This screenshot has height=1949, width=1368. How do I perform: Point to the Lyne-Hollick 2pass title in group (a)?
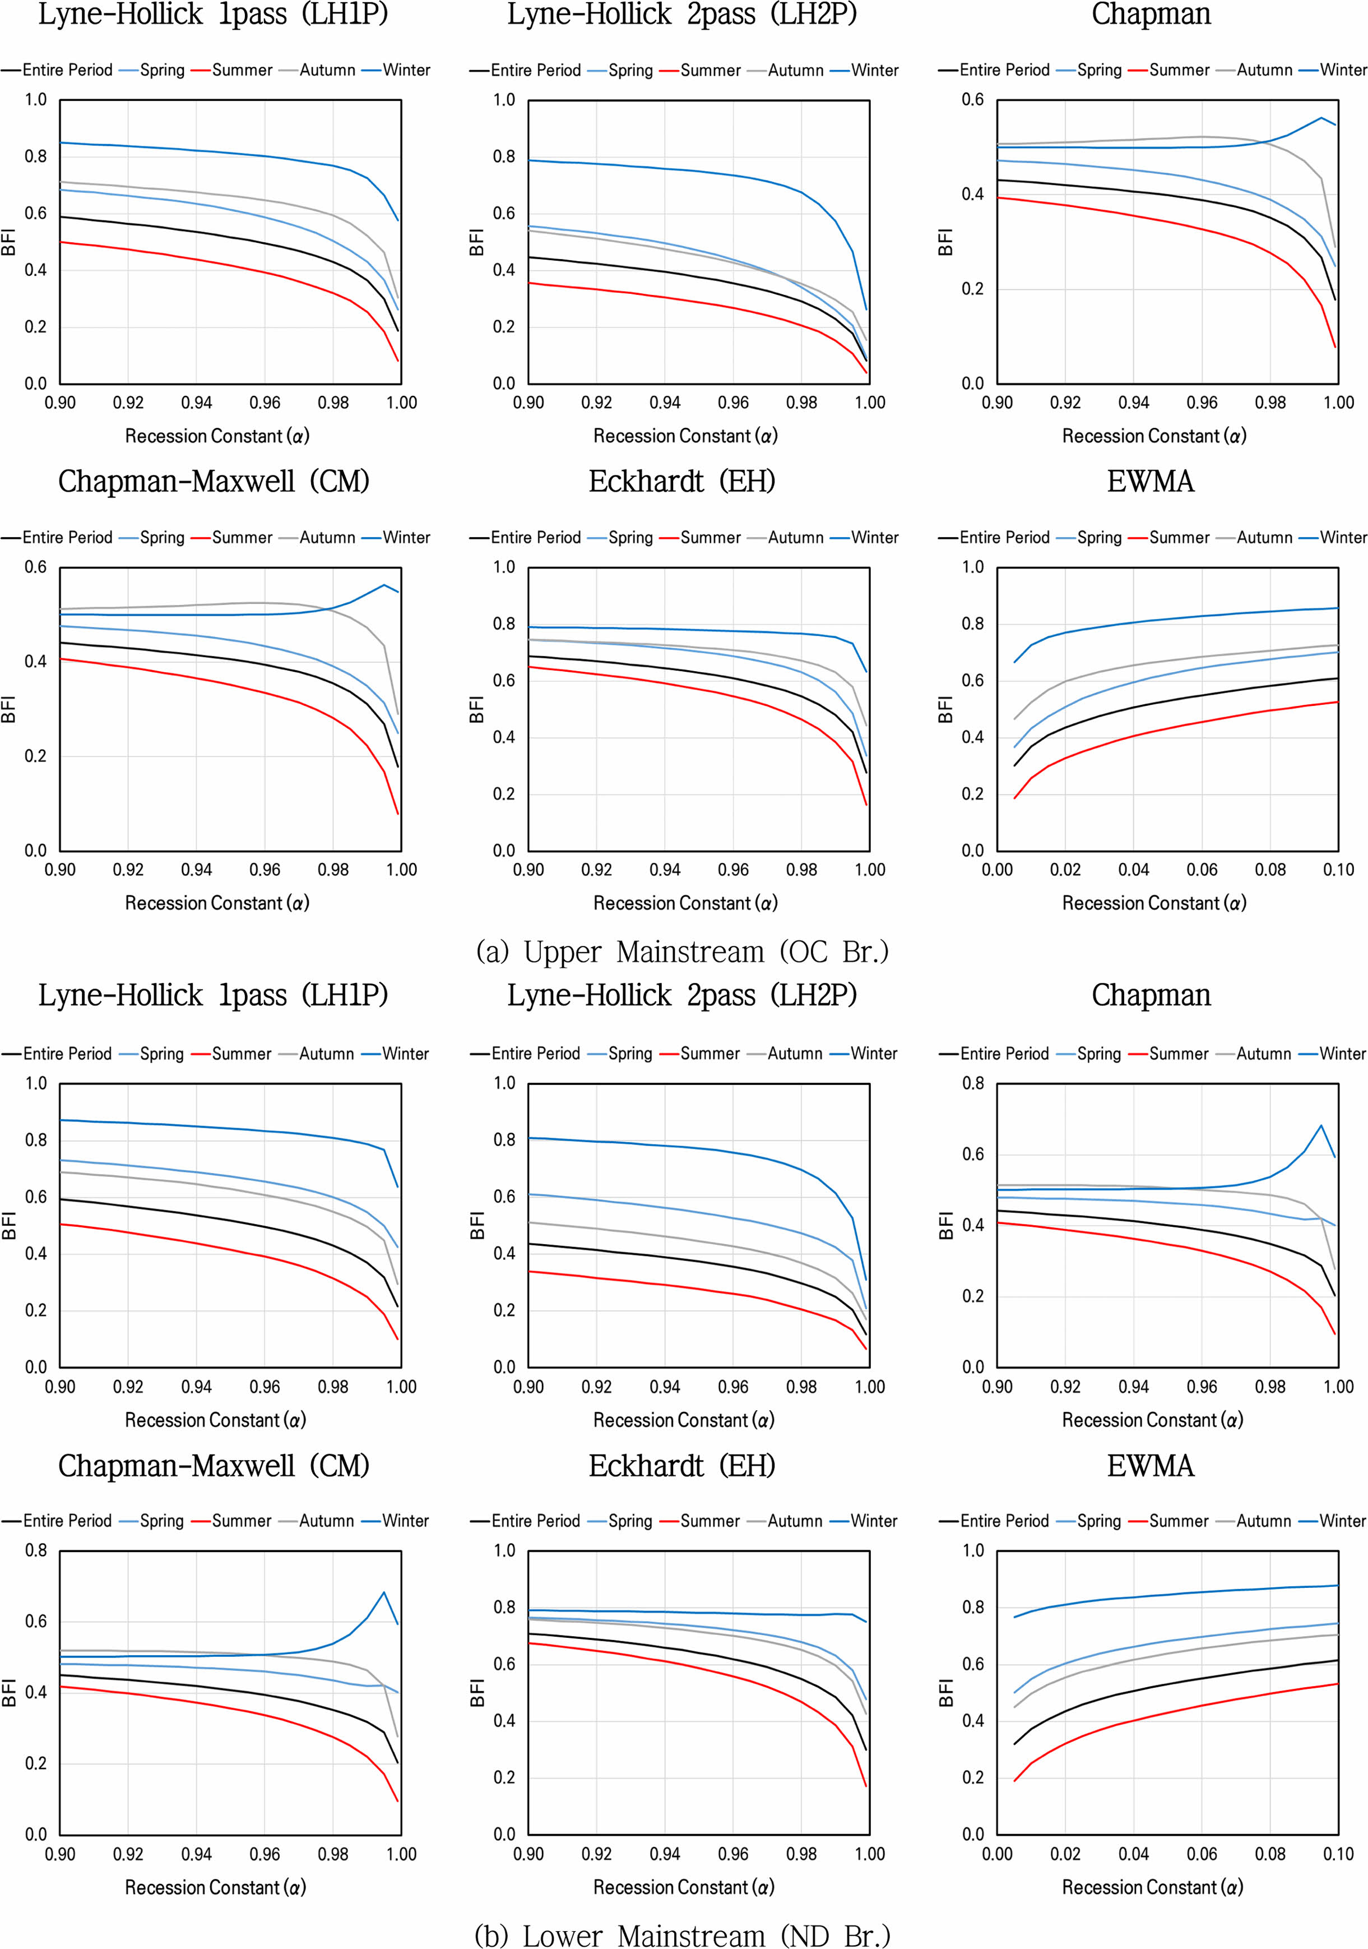682,15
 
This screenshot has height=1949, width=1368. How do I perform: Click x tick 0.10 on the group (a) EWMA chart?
1338,869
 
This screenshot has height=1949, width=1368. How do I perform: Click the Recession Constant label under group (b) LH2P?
684,1420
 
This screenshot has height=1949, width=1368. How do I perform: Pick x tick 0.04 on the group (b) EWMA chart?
1134,1854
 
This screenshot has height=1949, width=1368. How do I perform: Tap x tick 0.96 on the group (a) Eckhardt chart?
733,869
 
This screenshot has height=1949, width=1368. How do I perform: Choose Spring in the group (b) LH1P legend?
161,1054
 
